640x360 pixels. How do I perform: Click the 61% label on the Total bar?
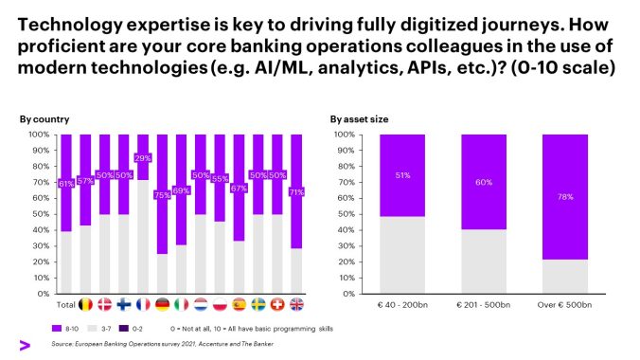point(65,184)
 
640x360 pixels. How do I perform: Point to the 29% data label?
point(143,158)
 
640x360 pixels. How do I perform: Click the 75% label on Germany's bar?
point(163,195)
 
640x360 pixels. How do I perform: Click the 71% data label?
point(297,191)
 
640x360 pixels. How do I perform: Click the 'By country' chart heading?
point(39,119)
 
